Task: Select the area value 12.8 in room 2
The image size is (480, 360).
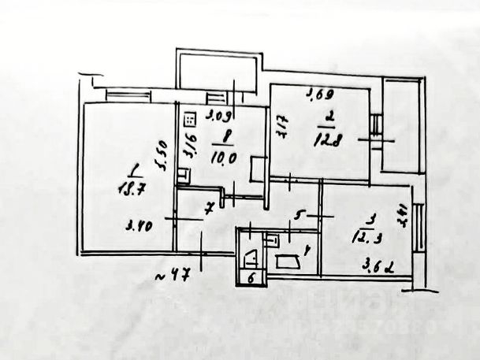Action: (330, 141)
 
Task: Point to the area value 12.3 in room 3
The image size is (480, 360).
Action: (364, 236)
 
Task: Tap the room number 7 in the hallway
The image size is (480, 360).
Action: (209, 210)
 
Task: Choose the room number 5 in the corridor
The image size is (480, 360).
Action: (299, 212)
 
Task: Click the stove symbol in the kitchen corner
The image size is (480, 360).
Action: (190, 120)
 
